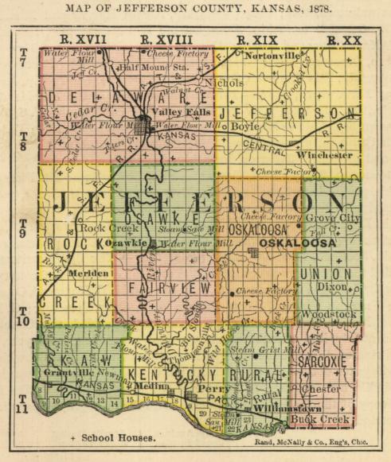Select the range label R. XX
tap(343, 39)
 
